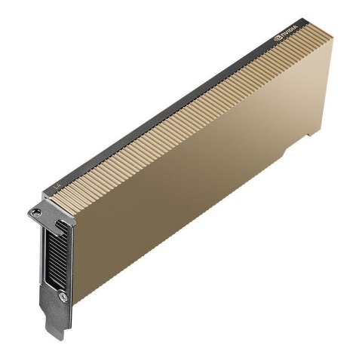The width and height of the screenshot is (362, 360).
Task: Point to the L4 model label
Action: (x=54, y=185)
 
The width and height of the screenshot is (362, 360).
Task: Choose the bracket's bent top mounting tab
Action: (x=41, y=211)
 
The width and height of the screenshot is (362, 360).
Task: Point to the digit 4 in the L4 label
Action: (x=57, y=183)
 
